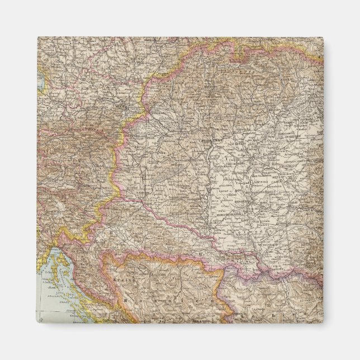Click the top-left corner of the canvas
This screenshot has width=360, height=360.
click(x=38, y=37)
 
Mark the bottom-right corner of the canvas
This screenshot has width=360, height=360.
click(x=323, y=323)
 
